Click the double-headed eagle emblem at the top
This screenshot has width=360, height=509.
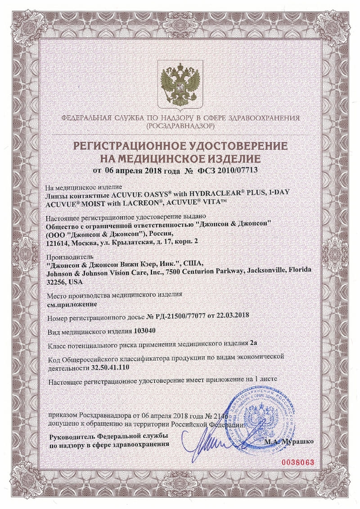pos(180,84)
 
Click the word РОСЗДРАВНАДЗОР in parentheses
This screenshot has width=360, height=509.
pos(180,126)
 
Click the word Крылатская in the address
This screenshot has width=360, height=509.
pos(141,242)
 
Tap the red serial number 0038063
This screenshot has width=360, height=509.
pos(297,462)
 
